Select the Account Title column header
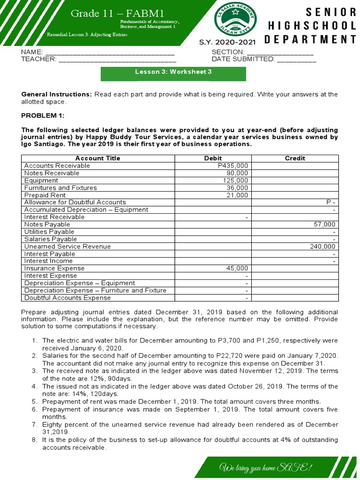tap(98, 158)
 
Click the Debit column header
tap(213, 158)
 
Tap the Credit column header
tap(295, 158)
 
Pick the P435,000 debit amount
tap(233, 166)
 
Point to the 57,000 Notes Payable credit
tap(324, 225)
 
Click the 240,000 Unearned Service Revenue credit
tap(323, 247)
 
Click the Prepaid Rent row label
tap(45, 195)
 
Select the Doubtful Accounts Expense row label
tap(67, 298)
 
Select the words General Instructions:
tap(57, 94)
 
